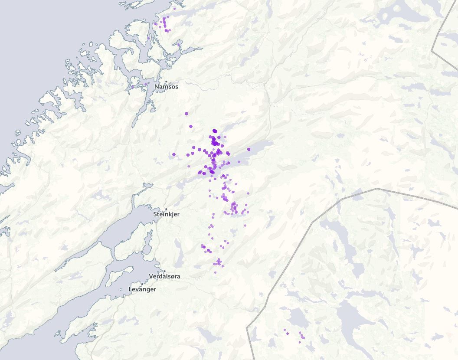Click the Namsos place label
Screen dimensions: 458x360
[166, 87]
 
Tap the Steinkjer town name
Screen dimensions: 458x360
[166, 214]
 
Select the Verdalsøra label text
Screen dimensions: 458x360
[164, 276]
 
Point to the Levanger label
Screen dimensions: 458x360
[142, 289]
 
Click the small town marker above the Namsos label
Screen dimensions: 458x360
[166, 81]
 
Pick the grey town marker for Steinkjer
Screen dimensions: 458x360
[166, 209]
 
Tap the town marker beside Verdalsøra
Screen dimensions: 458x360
[164, 271]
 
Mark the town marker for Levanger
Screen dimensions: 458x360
[142, 284]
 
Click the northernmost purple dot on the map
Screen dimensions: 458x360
[174, 9]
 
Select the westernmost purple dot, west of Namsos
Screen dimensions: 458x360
[132, 87]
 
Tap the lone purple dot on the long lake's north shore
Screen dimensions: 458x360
[249, 149]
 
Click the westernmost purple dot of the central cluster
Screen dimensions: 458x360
[174, 154]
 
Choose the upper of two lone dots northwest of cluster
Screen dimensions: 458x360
[186, 114]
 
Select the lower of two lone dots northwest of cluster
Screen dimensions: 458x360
[191, 126]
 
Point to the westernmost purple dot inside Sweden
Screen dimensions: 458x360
[285, 330]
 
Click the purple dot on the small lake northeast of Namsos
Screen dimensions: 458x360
[178, 44]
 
